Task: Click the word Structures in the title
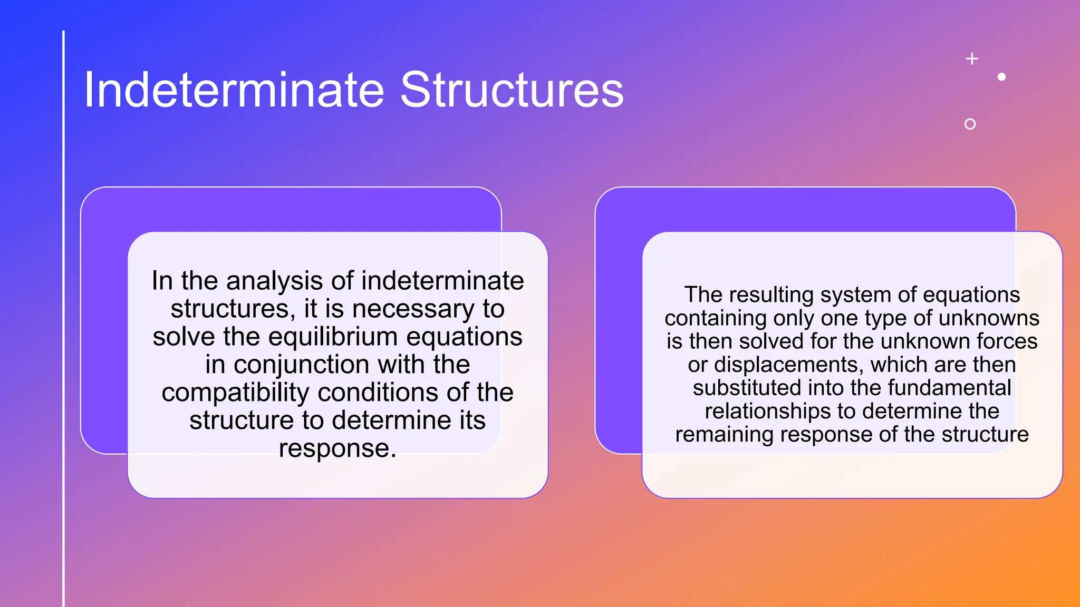click(512, 90)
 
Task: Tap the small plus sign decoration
click(972, 58)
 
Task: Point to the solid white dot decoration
click(1001, 77)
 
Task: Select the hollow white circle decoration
click(970, 124)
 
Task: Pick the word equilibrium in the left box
click(333, 337)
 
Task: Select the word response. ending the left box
click(337, 448)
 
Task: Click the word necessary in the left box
click(413, 309)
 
